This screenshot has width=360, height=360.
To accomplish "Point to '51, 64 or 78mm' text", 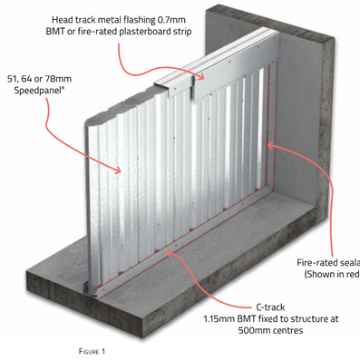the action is click(42, 78).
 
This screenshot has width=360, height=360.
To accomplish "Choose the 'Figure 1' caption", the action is click(89, 348).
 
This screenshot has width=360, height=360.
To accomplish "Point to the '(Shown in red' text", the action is click(331, 276).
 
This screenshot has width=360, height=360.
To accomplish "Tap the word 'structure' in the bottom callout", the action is click(288, 319).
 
